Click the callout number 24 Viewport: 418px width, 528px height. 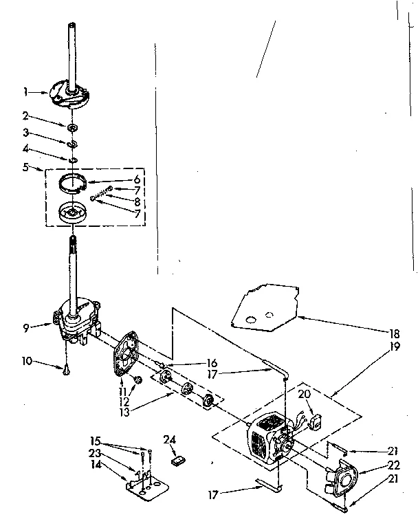[170, 439]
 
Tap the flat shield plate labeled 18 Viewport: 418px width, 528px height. [265, 306]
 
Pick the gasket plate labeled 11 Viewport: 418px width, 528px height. [126, 355]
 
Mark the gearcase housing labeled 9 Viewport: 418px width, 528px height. [79, 320]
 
